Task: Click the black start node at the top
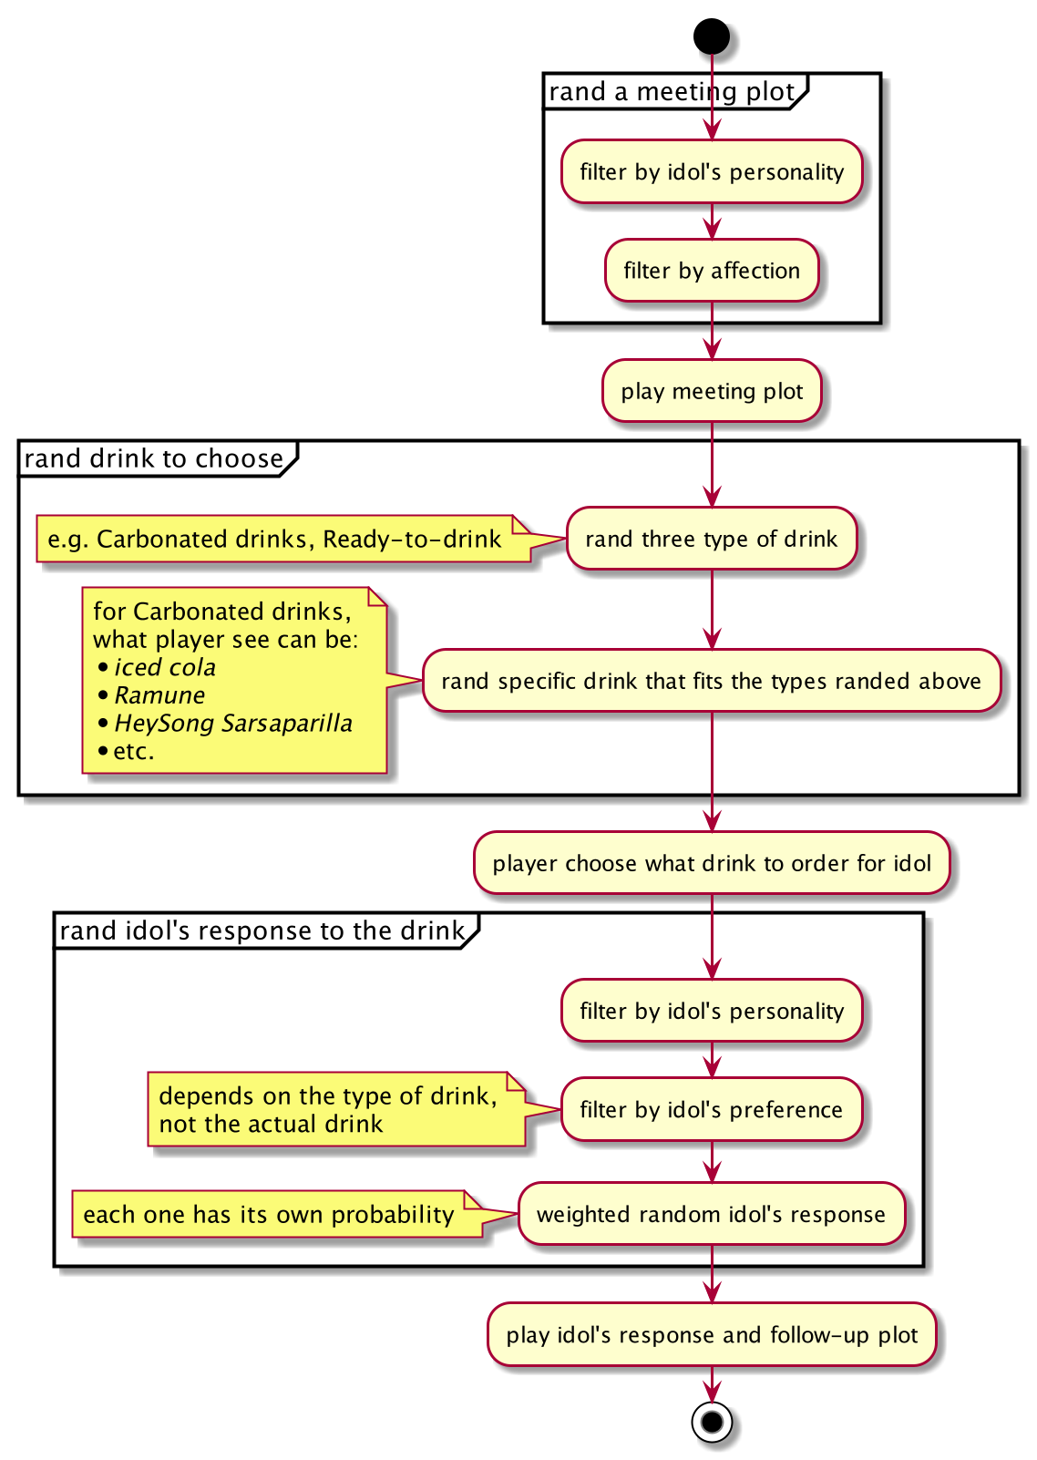coord(712,36)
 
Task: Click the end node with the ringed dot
coord(712,1422)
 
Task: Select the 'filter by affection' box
coord(712,271)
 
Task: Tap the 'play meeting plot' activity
coord(712,391)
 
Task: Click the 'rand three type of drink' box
coord(712,539)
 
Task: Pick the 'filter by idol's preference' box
coord(712,1109)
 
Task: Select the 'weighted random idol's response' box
coord(712,1214)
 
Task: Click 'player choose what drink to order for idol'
coord(712,863)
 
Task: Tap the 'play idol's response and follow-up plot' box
coord(712,1334)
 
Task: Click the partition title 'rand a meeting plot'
coord(673,92)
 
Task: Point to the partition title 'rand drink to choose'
coord(154,458)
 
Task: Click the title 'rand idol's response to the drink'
coord(262,930)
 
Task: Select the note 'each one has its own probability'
coord(269,1214)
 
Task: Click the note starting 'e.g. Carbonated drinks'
coord(274,539)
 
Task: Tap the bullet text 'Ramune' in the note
coord(159,695)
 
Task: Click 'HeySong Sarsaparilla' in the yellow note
coord(233,724)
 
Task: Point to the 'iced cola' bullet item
coord(165,667)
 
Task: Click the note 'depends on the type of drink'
coord(328,1109)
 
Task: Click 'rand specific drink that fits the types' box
coord(712,681)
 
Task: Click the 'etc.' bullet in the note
coord(134,752)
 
